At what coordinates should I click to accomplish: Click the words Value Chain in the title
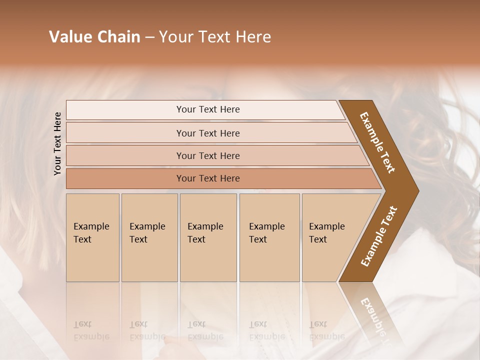[94, 37]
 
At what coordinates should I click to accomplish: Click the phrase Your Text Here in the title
[215, 37]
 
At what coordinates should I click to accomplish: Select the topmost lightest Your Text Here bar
[207, 109]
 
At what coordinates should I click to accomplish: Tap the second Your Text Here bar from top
[207, 133]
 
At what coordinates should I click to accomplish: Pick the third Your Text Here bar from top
[207, 155]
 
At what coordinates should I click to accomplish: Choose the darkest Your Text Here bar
[207, 178]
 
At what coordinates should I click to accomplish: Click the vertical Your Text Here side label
[57, 143]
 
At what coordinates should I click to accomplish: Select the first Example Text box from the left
[92, 237]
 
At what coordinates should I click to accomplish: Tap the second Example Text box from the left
[149, 237]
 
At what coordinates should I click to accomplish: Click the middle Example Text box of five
[208, 237]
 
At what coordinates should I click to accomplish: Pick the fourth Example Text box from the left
[269, 237]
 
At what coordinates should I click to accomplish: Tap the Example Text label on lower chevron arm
[379, 236]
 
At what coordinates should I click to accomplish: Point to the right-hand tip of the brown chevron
[417, 191]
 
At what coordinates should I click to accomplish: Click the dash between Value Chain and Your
[149, 37]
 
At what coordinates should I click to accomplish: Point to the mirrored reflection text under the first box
[91, 330]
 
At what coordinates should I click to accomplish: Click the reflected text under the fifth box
[326, 330]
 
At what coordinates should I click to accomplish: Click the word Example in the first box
[91, 226]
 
